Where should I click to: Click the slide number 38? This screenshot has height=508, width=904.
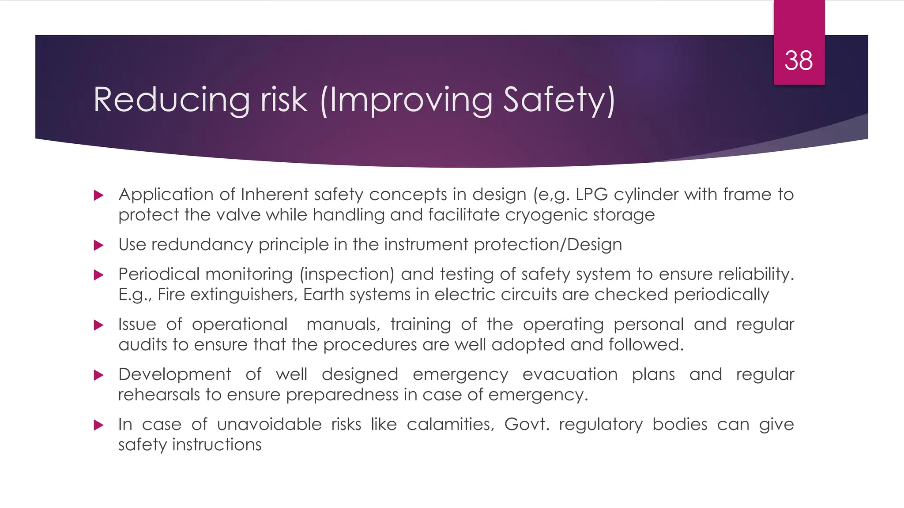pyautogui.click(x=799, y=60)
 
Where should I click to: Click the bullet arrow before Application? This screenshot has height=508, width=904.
pyautogui.click(x=99, y=195)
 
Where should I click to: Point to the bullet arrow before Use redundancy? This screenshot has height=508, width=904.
pyautogui.click(x=99, y=245)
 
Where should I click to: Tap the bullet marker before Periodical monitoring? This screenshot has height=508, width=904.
pyautogui.click(x=99, y=275)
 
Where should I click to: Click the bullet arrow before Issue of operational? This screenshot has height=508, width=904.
pyautogui.click(x=99, y=325)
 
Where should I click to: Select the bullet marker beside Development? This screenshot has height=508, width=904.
pyautogui.click(x=99, y=375)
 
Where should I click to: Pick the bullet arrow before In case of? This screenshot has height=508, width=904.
pyautogui.click(x=99, y=425)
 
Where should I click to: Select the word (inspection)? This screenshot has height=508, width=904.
pyautogui.click(x=347, y=274)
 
